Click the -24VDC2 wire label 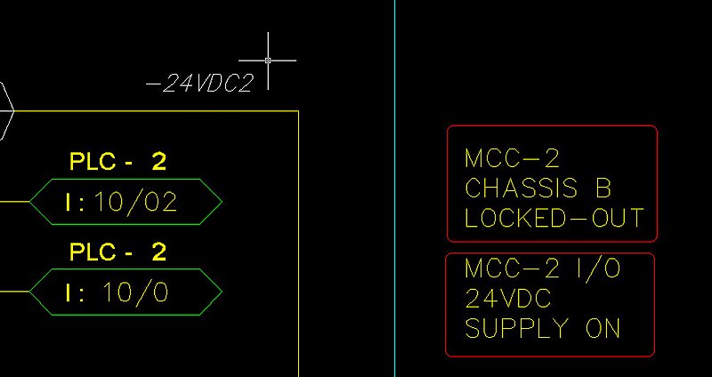click(x=199, y=84)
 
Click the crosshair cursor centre click(x=268, y=60)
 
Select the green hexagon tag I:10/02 click(x=125, y=202)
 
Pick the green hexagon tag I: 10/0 click(x=125, y=293)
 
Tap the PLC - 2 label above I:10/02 click(x=117, y=162)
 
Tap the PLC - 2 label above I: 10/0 click(x=117, y=253)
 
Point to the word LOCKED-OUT click(x=553, y=219)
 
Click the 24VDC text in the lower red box click(x=508, y=299)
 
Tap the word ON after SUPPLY click(x=603, y=328)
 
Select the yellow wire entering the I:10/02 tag click(x=14, y=202)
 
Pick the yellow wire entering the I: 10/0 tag click(x=14, y=293)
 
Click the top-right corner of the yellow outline click(x=297, y=111)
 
